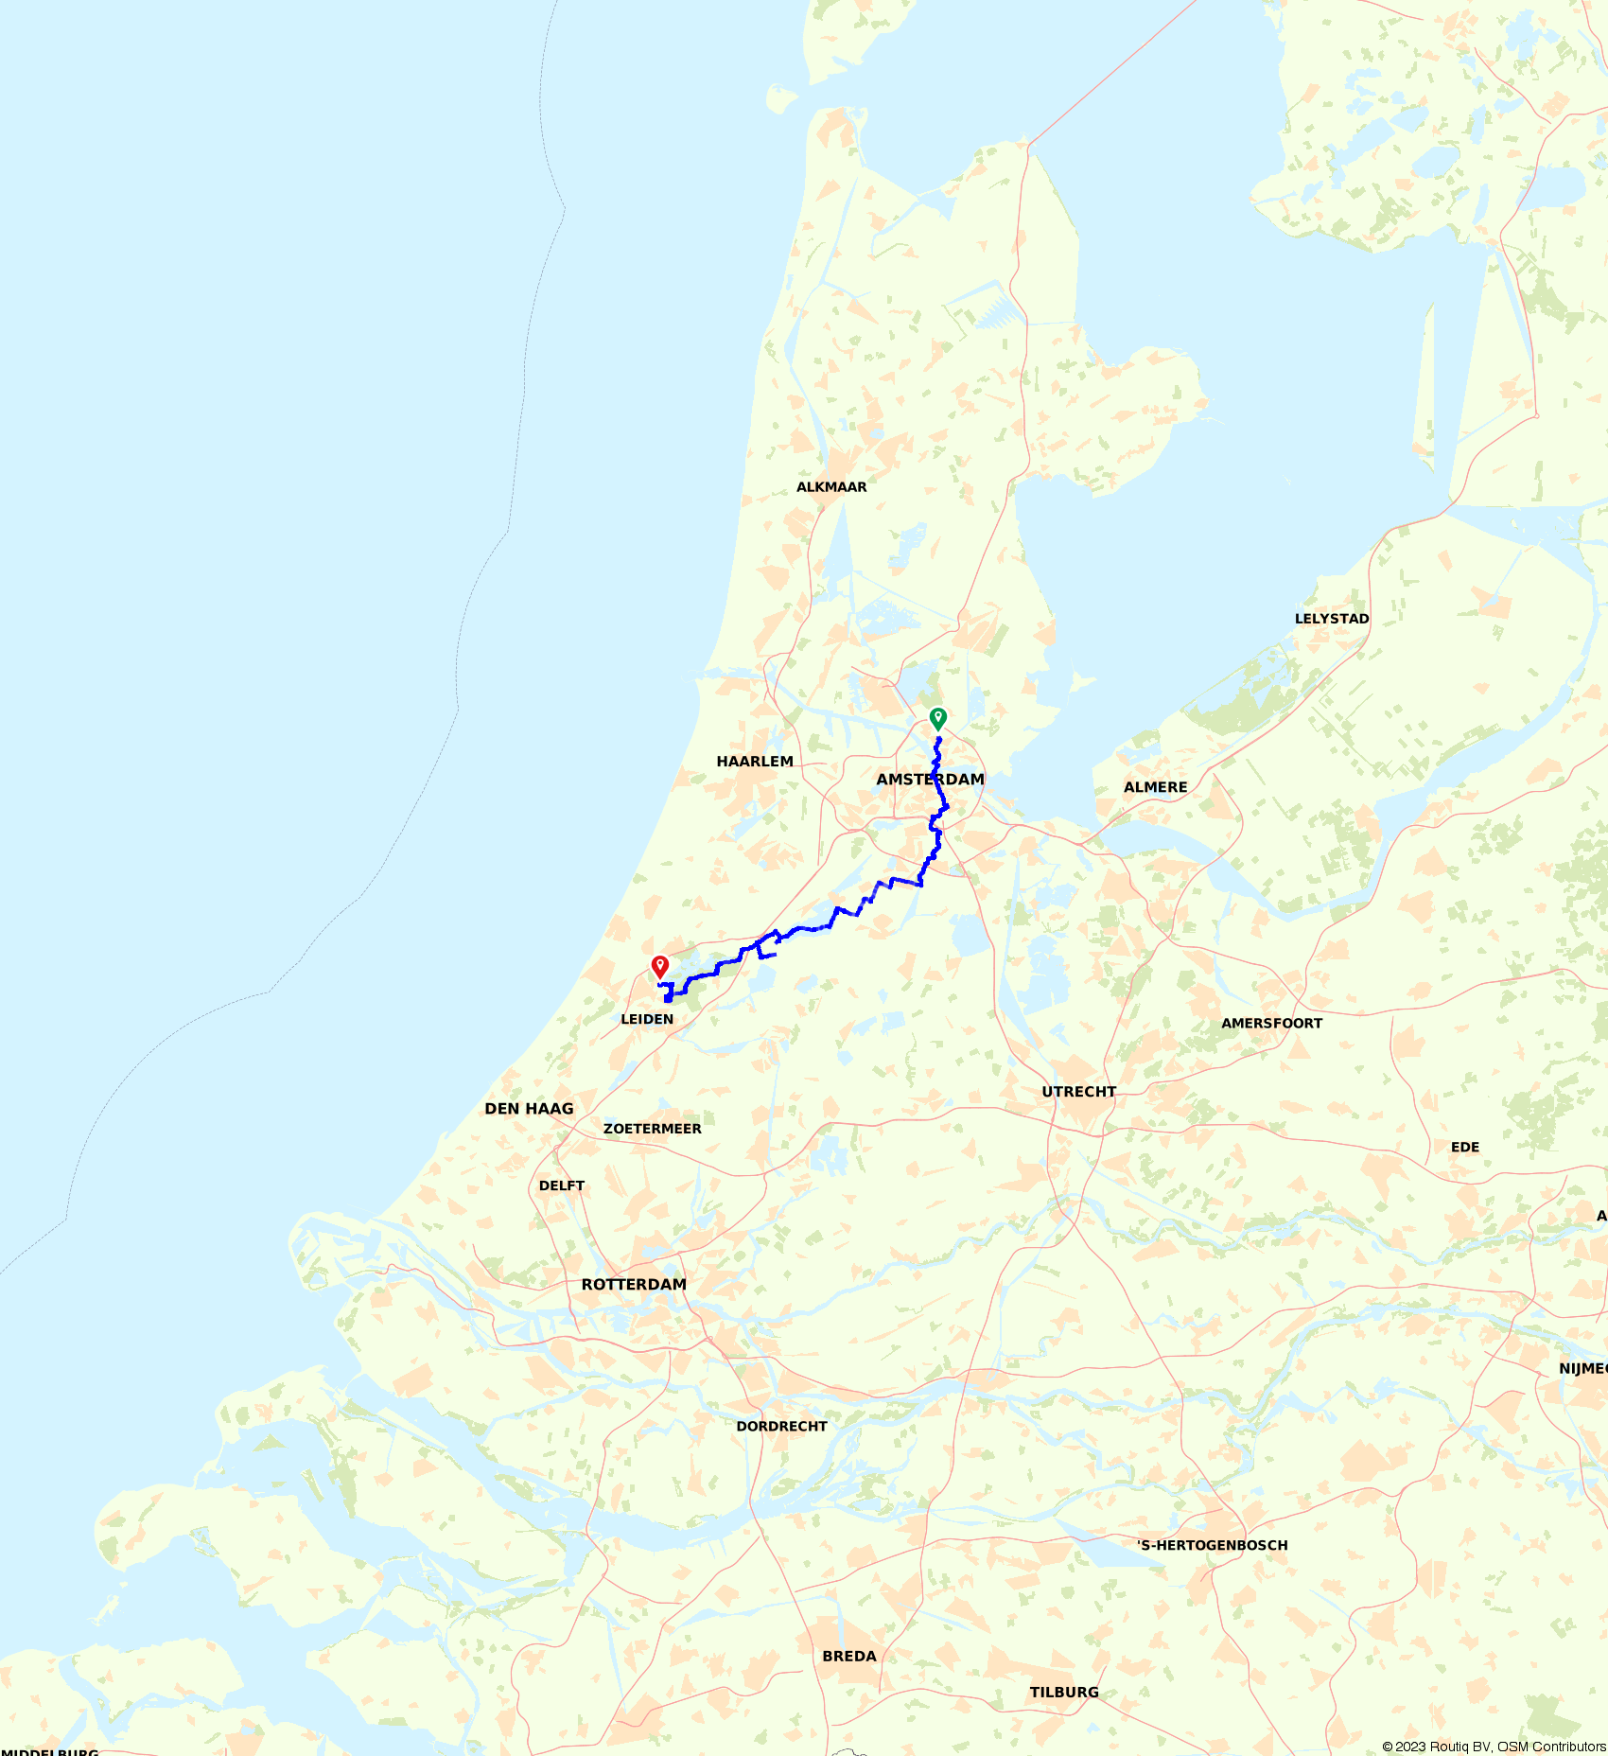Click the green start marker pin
click(937, 718)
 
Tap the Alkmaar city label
click(831, 487)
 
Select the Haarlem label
click(755, 762)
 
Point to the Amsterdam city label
click(930, 780)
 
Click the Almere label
click(1155, 787)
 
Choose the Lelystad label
click(1332, 619)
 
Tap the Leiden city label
click(647, 1019)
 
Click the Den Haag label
click(529, 1109)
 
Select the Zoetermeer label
click(653, 1129)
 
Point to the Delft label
click(562, 1185)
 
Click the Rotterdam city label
click(634, 1285)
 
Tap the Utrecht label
click(1079, 1092)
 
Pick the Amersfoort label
click(1271, 1024)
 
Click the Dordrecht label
click(781, 1427)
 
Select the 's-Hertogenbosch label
click(1213, 1546)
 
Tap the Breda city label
click(849, 1657)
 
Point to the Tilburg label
click(1064, 1693)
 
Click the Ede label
click(1465, 1148)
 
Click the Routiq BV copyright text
click(1494, 1747)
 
